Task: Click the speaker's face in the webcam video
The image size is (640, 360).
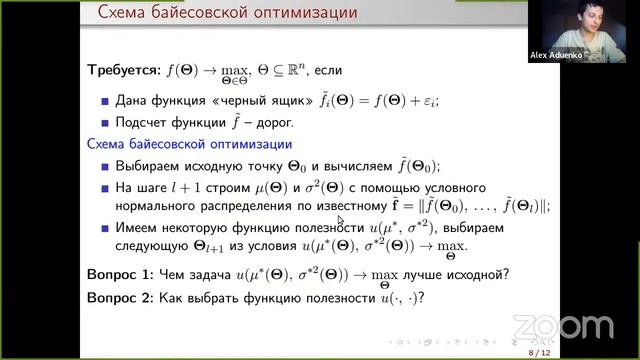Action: coord(583,25)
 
